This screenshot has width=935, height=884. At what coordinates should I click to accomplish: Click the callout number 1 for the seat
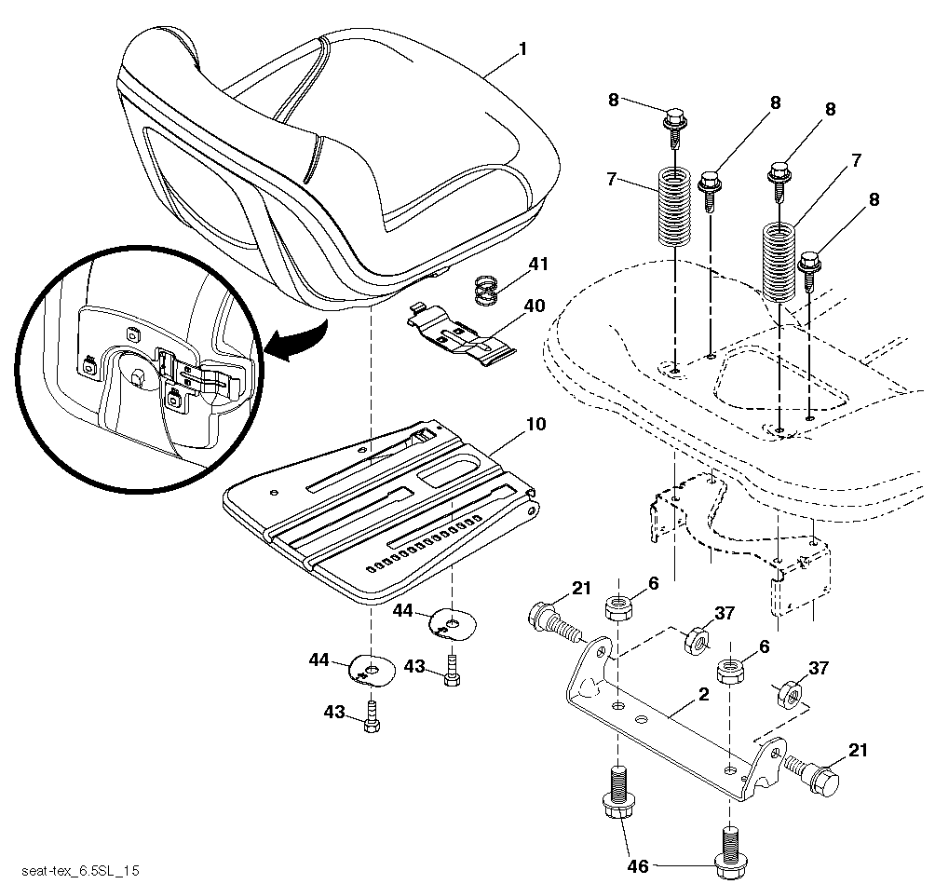pos(523,49)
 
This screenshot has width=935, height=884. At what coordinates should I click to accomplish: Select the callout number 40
pos(535,306)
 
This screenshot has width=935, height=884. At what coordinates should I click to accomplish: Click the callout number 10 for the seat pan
pos(536,424)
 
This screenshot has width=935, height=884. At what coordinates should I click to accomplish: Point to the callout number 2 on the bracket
pos(704,694)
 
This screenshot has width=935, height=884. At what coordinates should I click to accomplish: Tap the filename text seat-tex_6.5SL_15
pos(80,871)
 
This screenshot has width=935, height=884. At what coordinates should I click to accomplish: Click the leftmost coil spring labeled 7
pos(674,207)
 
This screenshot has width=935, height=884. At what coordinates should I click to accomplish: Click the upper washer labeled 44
pos(454,623)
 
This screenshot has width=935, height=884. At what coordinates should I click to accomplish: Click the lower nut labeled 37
pos(790,694)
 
